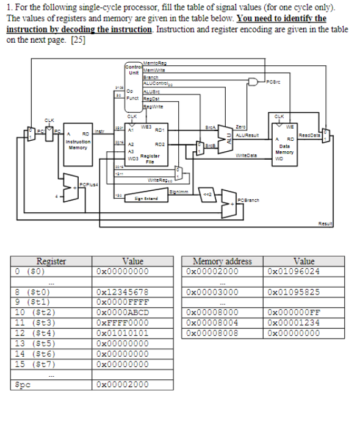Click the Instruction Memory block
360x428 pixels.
(x=77, y=144)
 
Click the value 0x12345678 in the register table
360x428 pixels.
(x=123, y=291)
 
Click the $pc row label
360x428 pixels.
(x=25, y=385)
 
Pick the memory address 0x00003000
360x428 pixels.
(x=213, y=291)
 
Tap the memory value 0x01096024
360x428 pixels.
(x=293, y=271)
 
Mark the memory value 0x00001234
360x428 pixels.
(x=293, y=324)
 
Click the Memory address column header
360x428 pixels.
(x=222, y=261)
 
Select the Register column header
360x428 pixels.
(x=51, y=261)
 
